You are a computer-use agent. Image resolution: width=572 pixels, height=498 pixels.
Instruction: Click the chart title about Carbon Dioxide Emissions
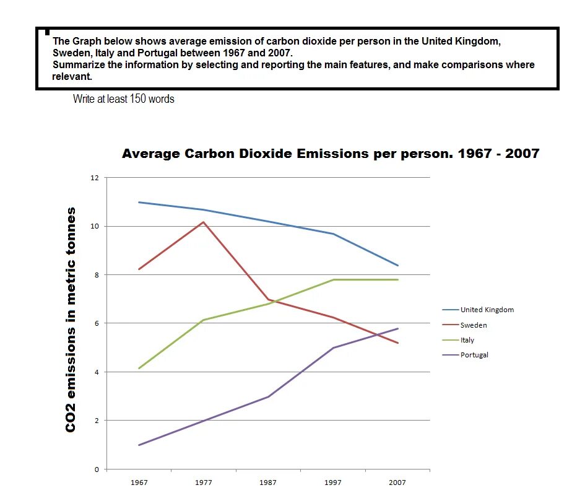331,154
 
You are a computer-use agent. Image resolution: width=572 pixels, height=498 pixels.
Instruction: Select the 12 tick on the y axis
94,178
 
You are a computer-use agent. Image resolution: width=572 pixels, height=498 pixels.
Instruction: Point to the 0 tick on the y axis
96,469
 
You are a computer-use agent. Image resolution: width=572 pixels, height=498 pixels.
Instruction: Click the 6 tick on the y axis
96,323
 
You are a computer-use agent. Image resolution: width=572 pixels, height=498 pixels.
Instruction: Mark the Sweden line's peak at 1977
204,222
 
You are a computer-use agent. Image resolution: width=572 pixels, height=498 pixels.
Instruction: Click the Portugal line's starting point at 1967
139,445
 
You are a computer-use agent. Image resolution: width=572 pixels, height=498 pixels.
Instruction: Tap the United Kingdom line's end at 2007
397,266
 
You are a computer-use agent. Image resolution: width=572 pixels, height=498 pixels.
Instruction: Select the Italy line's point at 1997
333,280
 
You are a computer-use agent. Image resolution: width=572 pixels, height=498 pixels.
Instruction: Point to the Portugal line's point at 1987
268,396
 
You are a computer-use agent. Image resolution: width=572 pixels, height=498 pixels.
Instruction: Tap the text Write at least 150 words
123,98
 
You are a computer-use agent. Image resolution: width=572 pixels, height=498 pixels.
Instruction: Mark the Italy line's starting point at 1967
139,368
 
